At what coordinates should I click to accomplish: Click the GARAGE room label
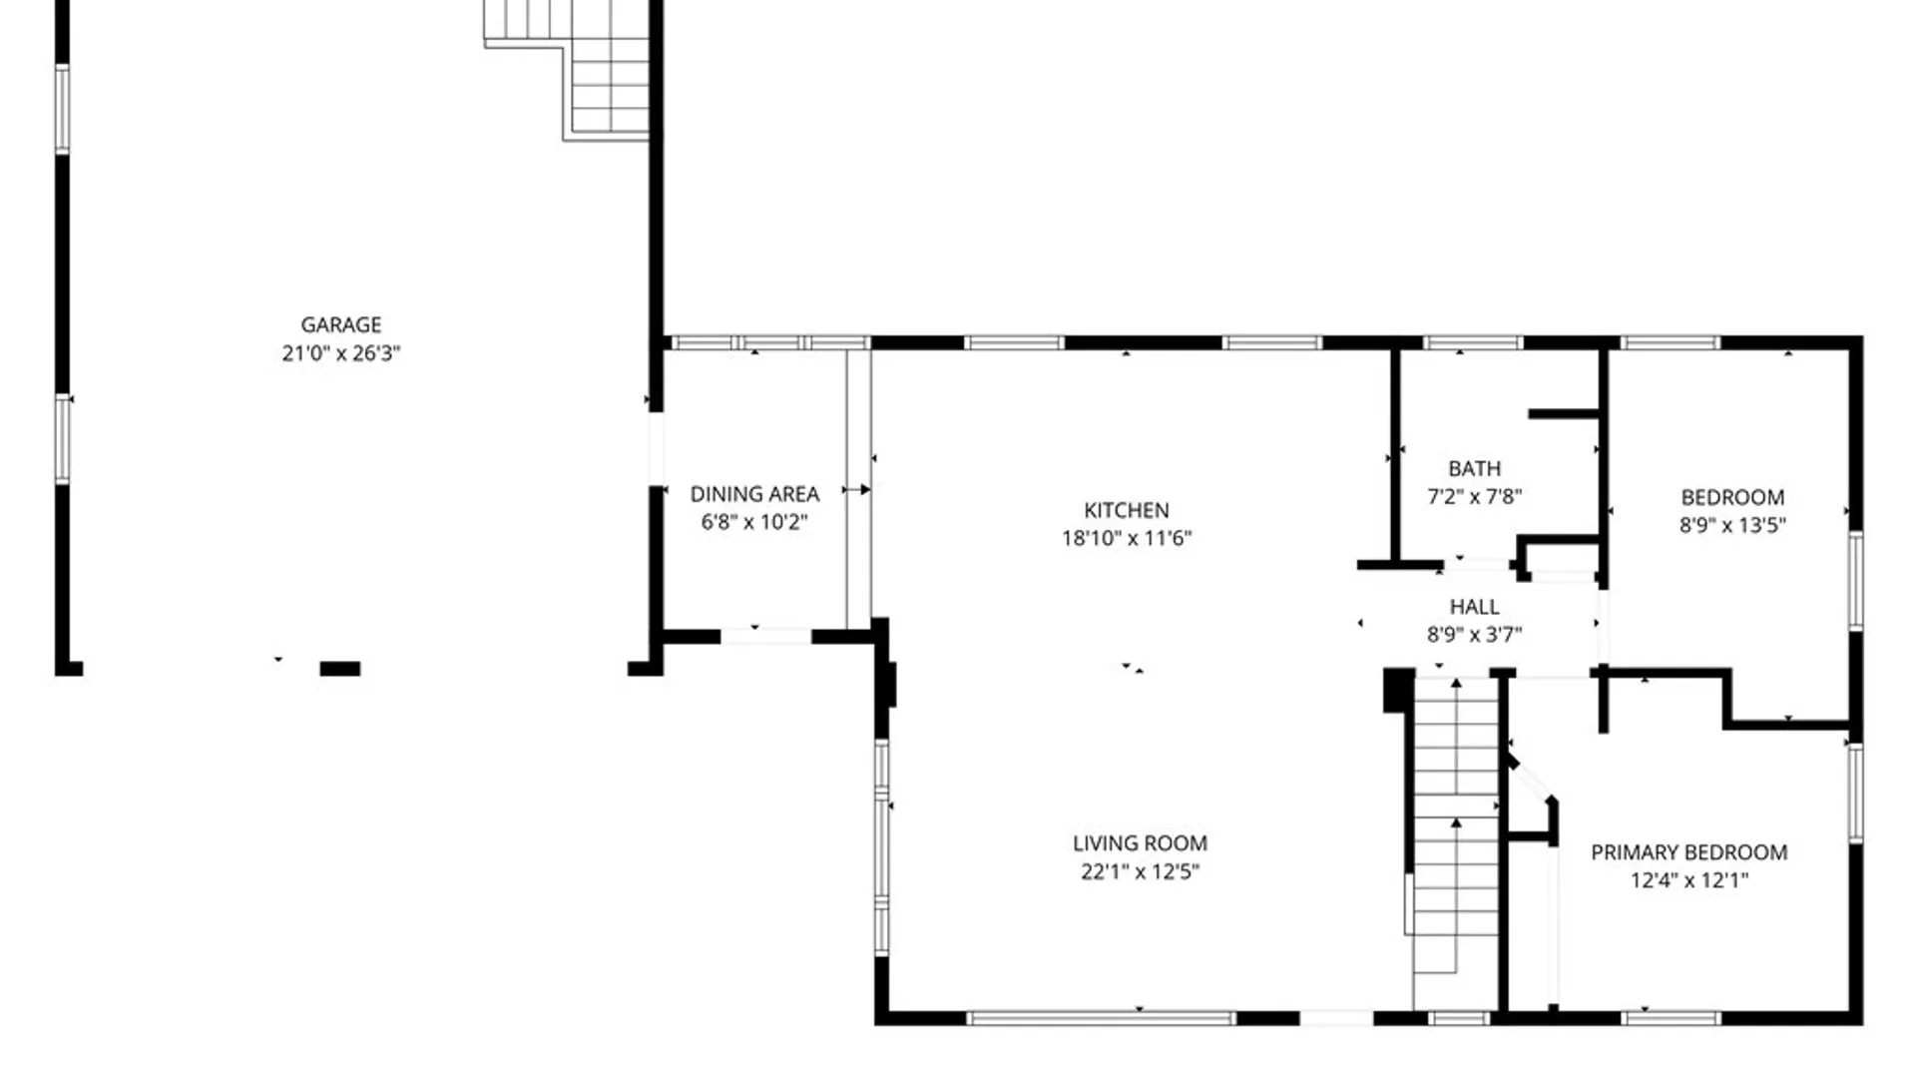pyautogui.click(x=341, y=324)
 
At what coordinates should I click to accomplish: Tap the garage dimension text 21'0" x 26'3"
pyautogui.click(x=341, y=352)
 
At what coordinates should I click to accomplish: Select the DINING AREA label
pyautogui.click(x=754, y=494)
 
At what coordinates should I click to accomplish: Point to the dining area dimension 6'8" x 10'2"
pyautogui.click(x=754, y=522)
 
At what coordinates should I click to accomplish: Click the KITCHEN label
pyautogui.click(x=1127, y=510)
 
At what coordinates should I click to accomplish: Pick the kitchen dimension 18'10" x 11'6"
pyautogui.click(x=1127, y=538)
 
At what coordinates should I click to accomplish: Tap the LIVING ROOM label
pyautogui.click(x=1140, y=843)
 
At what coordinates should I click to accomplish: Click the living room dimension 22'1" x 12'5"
pyautogui.click(x=1140, y=871)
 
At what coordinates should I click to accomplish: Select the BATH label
pyautogui.click(x=1474, y=468)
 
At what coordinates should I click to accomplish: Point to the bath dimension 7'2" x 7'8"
pyautogui.click(x=1474, y=496)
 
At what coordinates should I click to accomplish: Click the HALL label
pyautogui.click(x=1474, y=607)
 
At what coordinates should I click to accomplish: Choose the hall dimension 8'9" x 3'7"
pyautogui.click(x=1474, y=634)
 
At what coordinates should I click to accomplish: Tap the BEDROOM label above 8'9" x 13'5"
pyautogui.click(x=1732, y=497)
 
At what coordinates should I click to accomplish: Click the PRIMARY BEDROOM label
pyautogui.click(x=1688, y=852)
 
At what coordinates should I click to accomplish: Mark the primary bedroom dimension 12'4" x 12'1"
pyautogui.click(x=1688, y=880)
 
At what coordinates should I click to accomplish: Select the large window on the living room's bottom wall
pyautogui.click(x=1102, y=1018)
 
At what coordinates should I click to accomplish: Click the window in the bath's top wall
pyautogui.click(x=1474, y=343)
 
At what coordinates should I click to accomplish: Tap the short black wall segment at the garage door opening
pyautogui.click(x=339, y=669)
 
